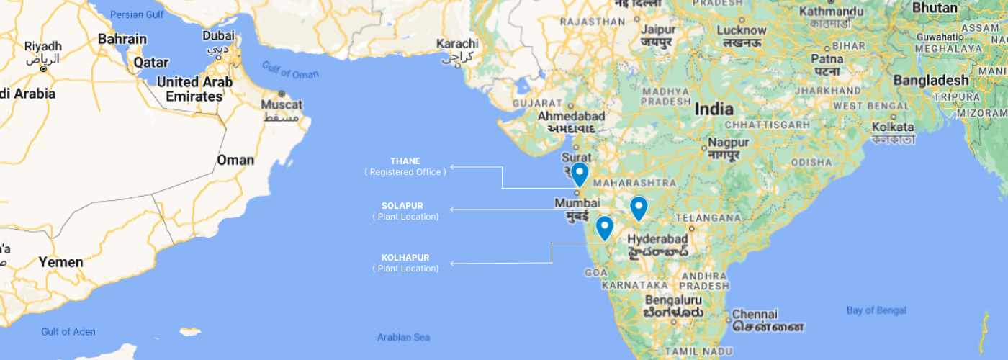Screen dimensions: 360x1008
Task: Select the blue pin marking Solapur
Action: [639, 207]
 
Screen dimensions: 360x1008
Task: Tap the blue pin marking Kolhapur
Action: [605, 228]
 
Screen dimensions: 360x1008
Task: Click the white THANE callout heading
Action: [405, 161]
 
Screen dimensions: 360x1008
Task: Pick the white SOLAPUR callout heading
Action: [402, 206]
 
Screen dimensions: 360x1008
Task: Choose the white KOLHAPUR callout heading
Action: [405, 258]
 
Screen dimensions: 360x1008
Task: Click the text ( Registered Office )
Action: [405, 172]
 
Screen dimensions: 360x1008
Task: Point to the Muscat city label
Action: [282, 105]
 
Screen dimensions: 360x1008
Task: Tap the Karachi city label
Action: [457, 45]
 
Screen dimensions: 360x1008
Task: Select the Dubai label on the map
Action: [218, 35]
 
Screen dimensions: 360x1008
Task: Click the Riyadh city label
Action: [43, 47]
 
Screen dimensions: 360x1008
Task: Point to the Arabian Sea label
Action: [403, 337]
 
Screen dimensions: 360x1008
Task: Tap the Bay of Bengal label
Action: [876, 310]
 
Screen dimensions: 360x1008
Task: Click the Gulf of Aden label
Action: [68, 332]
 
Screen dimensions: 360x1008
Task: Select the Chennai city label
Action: [755, 315]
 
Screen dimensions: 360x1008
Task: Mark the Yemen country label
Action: [60, 262]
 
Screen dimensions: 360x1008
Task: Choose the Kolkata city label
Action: [892, 127]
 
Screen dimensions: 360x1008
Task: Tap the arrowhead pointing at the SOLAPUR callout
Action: [452, 210]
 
